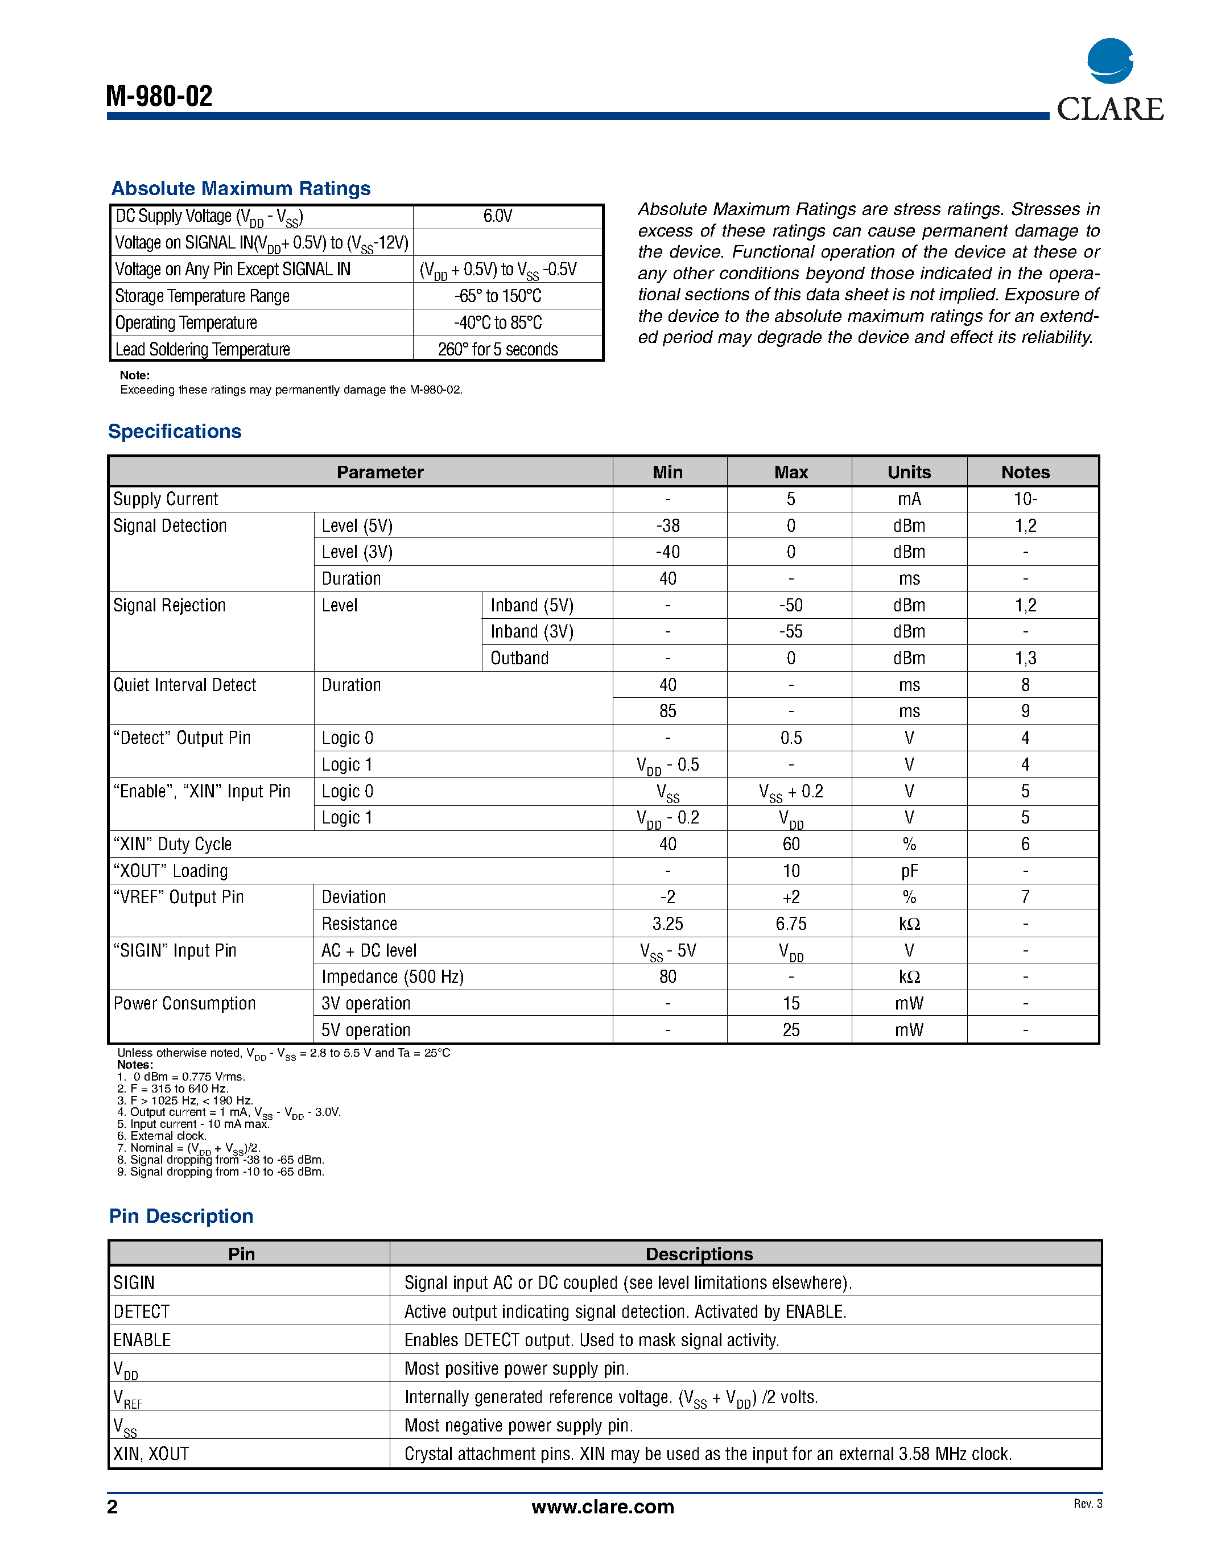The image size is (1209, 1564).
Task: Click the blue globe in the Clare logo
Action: [x=1109, y=61]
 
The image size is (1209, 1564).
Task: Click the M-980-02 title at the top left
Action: [x=159, y=96]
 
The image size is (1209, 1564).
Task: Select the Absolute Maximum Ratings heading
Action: [x=241, y=188]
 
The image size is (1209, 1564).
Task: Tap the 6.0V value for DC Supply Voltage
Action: [x=498, y=216]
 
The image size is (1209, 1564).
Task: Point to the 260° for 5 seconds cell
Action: [x=498, y=349]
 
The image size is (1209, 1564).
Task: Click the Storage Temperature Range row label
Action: [x=202, y=296]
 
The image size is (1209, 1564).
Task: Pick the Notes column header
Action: [x=1025, y=472]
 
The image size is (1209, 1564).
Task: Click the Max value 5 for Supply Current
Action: [x=791, y=499]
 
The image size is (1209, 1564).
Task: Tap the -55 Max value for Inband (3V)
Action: [x=791, y=632]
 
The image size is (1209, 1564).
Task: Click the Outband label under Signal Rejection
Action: [x=519, y=658]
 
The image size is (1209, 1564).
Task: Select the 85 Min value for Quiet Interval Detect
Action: [x=667, y=711]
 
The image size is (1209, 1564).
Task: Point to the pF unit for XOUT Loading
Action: [x=909, y=871]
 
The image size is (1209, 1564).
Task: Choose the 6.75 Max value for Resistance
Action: [x=791, y=924]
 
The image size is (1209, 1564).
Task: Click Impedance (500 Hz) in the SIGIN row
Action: [x=393, y=977]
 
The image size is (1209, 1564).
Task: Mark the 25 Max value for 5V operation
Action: [x=791, y=1030]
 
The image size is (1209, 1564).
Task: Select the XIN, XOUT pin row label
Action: [x=151, y=1454]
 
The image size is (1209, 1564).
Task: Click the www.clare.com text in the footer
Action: [x=603, y=1507]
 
